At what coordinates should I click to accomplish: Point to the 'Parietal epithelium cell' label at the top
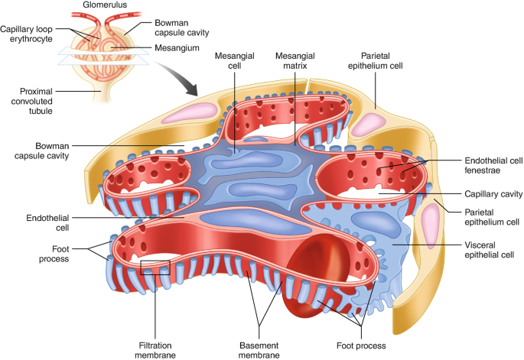click(382, 60)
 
